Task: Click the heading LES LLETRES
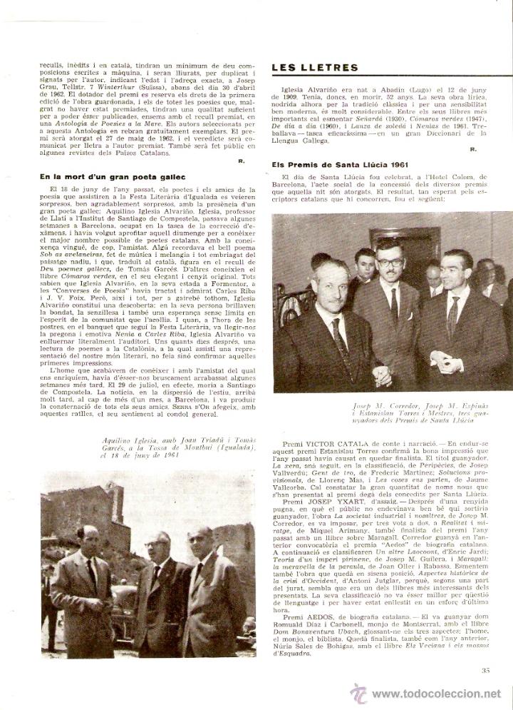coord(314,68)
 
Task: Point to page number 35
coord(487,669)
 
